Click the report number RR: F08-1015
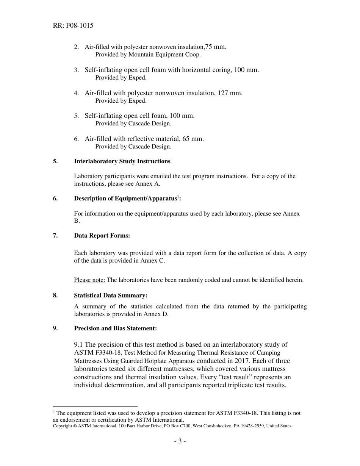coord(73,26)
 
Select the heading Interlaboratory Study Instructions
coord(122,161)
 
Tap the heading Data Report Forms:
coord(102,236)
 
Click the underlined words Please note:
coord(89,280)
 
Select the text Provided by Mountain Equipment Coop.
coord(148,55)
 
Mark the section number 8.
coord(55,296)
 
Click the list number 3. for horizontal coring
coord(76,70)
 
